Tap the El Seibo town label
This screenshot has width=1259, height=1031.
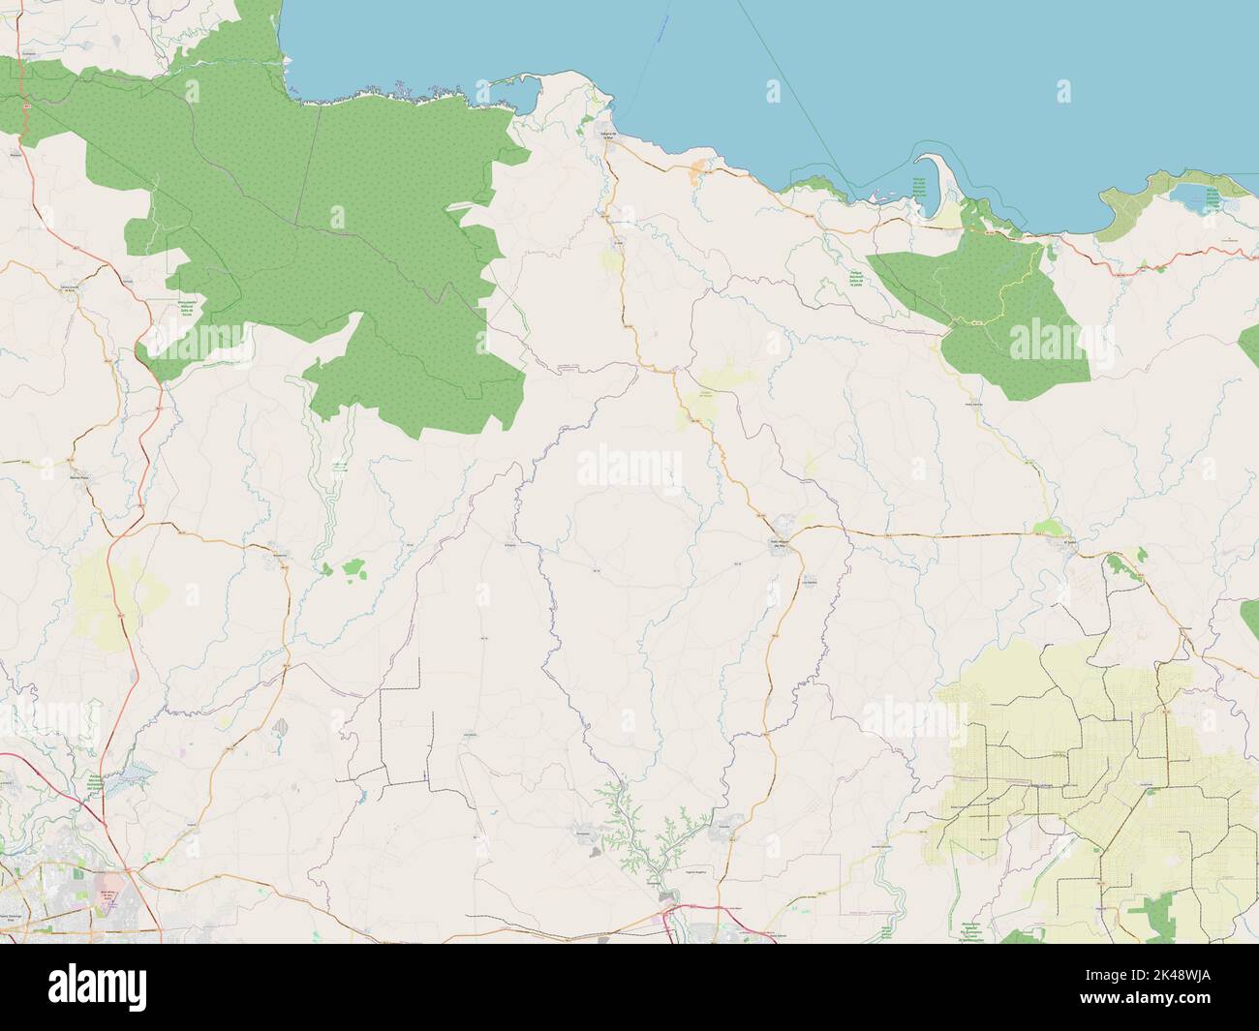pyautogui.click(x=1070, y=542)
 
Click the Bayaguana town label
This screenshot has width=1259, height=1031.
pyautogui.click(x=280, y=555)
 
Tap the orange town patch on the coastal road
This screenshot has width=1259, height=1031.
pyautogui.click(x=698, y=174)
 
